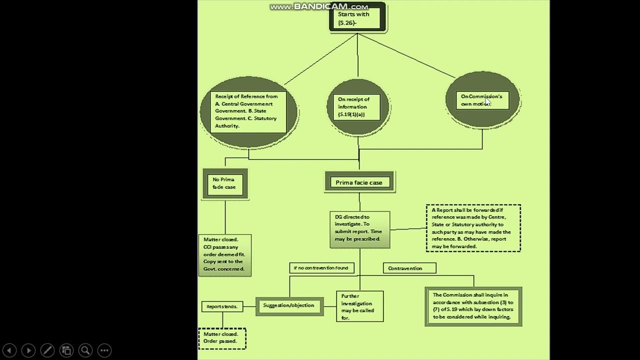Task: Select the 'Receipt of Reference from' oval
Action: (248, 111)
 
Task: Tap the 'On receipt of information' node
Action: (357, 107)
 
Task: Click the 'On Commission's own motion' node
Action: (482, 100)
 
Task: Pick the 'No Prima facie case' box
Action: (225, 183)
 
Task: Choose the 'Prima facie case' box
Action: (359, 182)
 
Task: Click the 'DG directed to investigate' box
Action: (359, 229)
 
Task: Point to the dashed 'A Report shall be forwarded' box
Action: (473, 228)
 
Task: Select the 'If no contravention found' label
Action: (321, 268)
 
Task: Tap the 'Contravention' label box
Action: (409, 268)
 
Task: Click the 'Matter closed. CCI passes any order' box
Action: (224, 255)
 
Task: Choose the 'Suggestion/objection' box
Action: (289, 305)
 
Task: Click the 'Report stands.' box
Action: (222, 306)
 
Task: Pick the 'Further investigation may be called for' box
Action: (359, 306)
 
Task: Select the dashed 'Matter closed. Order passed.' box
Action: (222, 338)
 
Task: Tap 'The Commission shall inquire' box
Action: (473, 306)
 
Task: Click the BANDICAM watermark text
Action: (319, 6)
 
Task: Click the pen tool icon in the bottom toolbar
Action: (47, 350)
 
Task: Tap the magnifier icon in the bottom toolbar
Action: (85, 350)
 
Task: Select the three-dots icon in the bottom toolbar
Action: (104, 350)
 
